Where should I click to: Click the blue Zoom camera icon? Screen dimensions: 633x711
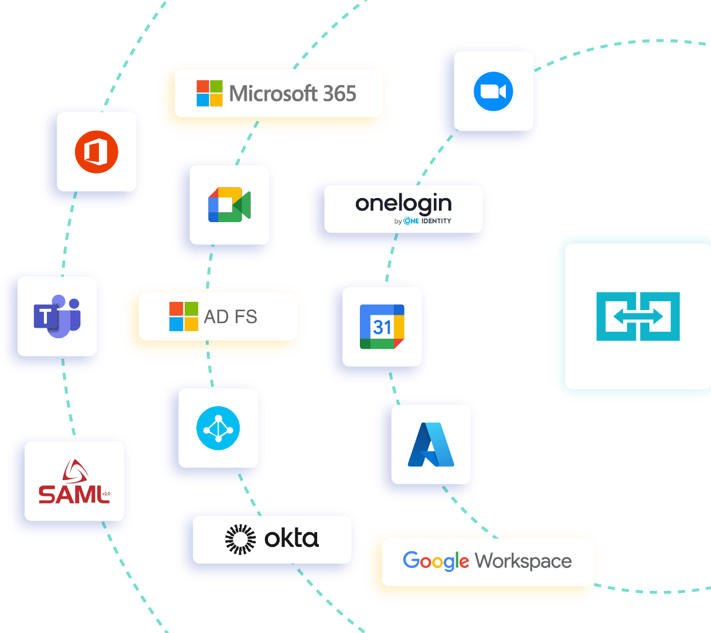point(493,91)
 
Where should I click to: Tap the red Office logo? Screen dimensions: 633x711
point(96,152)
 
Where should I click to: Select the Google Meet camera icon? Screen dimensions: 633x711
point(229,205)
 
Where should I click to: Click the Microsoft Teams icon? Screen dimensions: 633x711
point(57,316)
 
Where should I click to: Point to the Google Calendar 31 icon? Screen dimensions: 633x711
point(382,326)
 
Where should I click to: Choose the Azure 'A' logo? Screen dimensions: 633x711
point(431,444)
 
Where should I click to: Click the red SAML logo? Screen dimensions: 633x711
point(74,483)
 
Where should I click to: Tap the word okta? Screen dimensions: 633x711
point(291,538)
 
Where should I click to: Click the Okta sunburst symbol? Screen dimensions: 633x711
point(240,539)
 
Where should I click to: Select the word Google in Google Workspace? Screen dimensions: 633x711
point(436,561)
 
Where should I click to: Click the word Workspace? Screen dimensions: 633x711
point(523,561)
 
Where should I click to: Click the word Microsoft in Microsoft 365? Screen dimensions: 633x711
point(273,94)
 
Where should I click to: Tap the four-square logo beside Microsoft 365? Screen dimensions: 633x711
point(209,93)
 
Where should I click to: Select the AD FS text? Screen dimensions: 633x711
point(230,316)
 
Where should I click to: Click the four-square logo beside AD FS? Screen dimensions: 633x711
point(183,316)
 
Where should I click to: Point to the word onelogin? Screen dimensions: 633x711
point(403,203)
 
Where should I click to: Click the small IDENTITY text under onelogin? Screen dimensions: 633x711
point(436,221)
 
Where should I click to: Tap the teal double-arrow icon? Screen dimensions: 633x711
point(638,316)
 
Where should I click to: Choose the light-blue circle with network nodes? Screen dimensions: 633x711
point(217,428)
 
